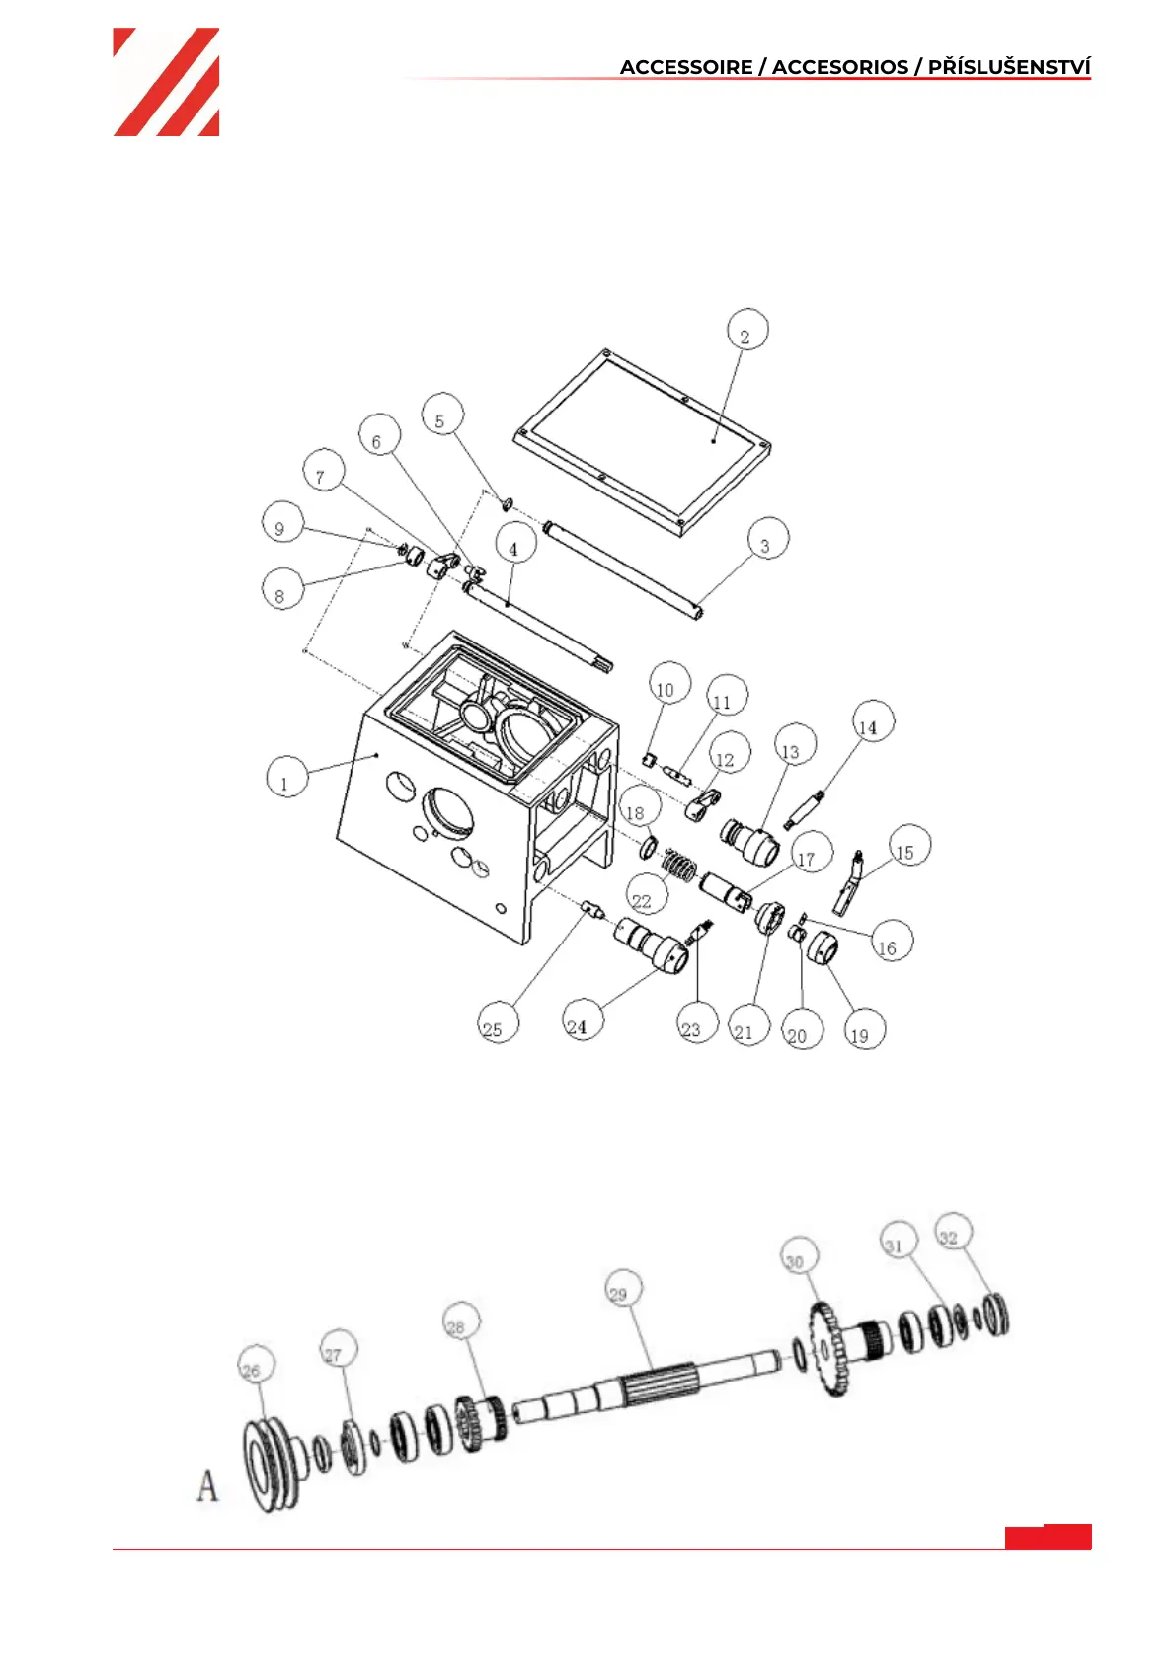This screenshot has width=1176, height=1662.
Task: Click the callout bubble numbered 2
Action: [746, 330]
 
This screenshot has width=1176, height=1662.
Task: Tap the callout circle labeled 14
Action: [872, 720]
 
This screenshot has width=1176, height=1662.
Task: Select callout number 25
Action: [498, 1021]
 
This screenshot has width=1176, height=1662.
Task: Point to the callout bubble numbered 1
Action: [287, 777]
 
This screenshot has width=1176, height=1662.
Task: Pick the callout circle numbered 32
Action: [953, 1231]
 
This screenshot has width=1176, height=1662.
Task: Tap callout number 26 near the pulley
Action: [256, 1364]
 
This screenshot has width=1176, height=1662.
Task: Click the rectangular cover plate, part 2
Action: [642, 442]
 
